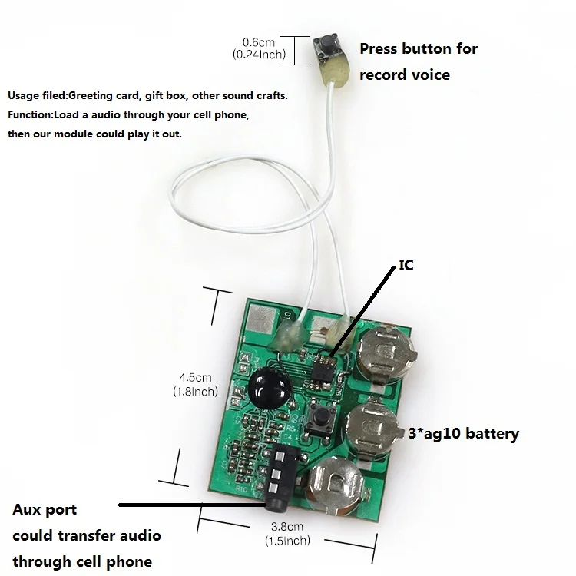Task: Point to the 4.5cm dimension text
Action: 195,378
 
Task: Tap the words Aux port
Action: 45,510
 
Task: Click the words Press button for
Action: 419,49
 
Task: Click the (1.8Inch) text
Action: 195,392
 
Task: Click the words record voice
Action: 405,75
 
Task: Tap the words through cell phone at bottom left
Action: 82,561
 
